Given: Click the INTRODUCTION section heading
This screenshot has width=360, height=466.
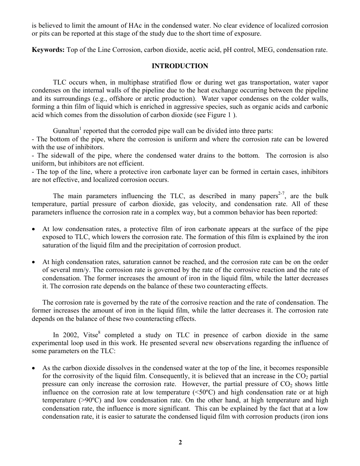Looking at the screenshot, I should [x=180, y=66].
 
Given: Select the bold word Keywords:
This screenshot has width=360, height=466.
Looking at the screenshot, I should [x=48, y=50].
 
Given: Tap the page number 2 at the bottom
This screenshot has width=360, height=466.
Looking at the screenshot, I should [x=180, y=442].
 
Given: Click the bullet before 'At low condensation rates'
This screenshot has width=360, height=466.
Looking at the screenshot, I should [x=34, y=229].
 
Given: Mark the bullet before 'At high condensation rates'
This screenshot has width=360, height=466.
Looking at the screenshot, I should [x=34, y=262].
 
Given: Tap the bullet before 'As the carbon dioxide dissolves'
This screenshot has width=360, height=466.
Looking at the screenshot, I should [x=34, y=368].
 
